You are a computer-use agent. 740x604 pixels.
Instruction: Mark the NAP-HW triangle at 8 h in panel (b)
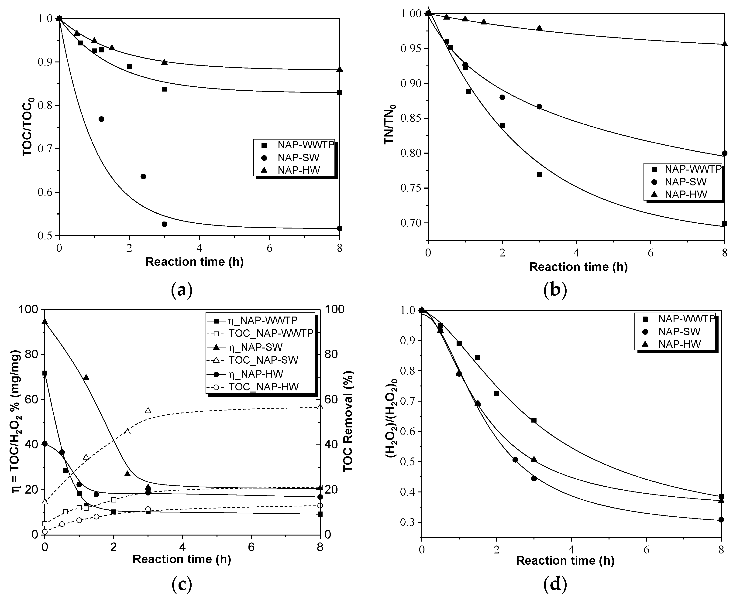[x=724, y=44]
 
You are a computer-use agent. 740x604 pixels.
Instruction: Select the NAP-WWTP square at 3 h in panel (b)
[x=539, y=175]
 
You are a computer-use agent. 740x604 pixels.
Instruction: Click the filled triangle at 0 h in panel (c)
[x=45, y=321]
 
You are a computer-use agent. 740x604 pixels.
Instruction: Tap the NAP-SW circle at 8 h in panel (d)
[x=721, y=529]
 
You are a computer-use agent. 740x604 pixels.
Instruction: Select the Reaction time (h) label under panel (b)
[x=578, y=267]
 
